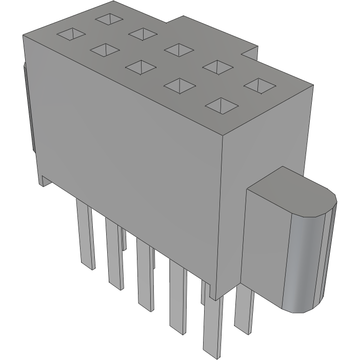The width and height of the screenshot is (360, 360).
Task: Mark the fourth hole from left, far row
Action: click(x=217, y=66)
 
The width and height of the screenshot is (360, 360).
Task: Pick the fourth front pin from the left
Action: click(x=177, y=297)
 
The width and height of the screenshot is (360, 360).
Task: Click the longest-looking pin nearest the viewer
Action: click(x=213, y=328)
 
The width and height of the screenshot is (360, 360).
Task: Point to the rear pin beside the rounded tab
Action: click(x=244, y=308)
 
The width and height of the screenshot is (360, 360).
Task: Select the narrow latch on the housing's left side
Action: click(x=28, y=108)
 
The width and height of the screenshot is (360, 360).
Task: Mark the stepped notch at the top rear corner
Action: click(x=249, y=53)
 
